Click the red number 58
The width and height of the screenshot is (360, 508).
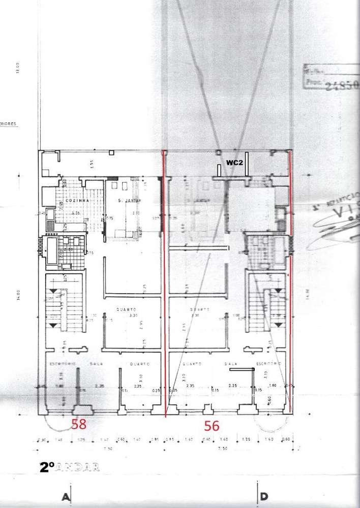pos(78,424)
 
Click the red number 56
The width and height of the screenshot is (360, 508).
pos(212,426)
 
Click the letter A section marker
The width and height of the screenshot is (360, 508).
pos(66,497)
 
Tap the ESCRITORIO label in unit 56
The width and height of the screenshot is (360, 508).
pos(269,364)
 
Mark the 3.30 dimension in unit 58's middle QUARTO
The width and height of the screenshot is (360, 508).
pos(134,316)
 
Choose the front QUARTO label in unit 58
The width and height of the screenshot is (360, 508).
pos(138,364)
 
